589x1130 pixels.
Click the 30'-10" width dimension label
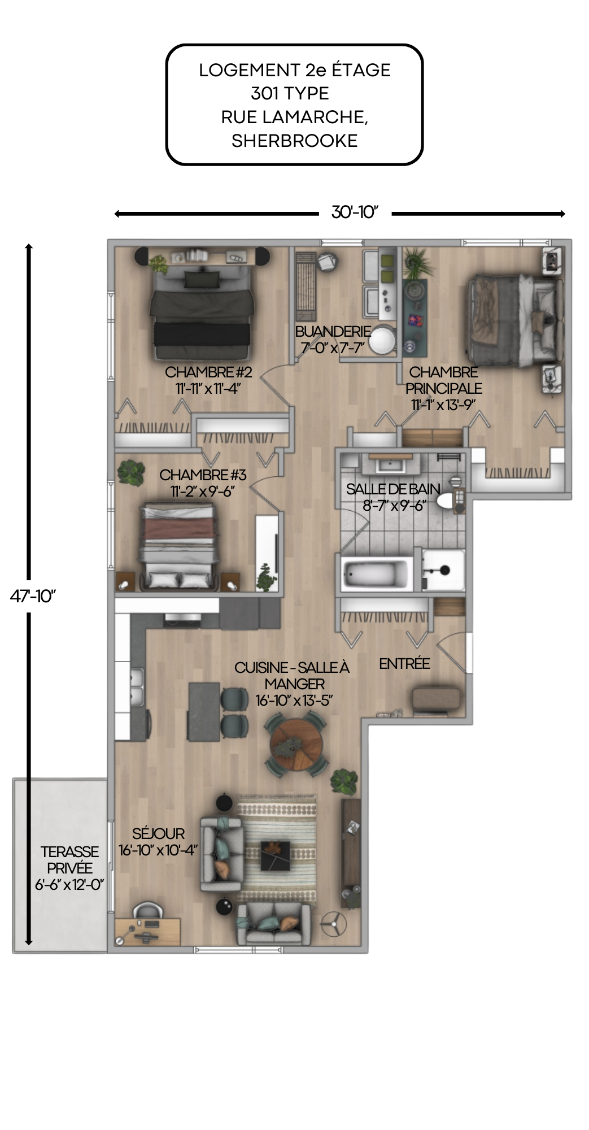tap(354, 212)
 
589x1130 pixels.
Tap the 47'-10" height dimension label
tap(33, 596)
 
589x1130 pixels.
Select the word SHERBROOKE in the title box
tap(294, 141)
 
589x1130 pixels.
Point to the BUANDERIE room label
tap(333, 331)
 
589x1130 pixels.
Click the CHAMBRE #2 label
tap(208, 372)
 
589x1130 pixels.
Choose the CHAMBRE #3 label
tap(203, 475)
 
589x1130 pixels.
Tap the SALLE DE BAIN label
tap(393, 489)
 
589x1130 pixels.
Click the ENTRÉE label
tap(404, 664)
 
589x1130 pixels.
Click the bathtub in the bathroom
tap(377, 574)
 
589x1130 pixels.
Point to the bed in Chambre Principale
tap(514, 319)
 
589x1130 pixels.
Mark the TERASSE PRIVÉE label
tap(69, 868)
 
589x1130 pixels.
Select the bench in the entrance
tap(436, 699)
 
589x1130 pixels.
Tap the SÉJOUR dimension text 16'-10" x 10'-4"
tap(158, 850)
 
